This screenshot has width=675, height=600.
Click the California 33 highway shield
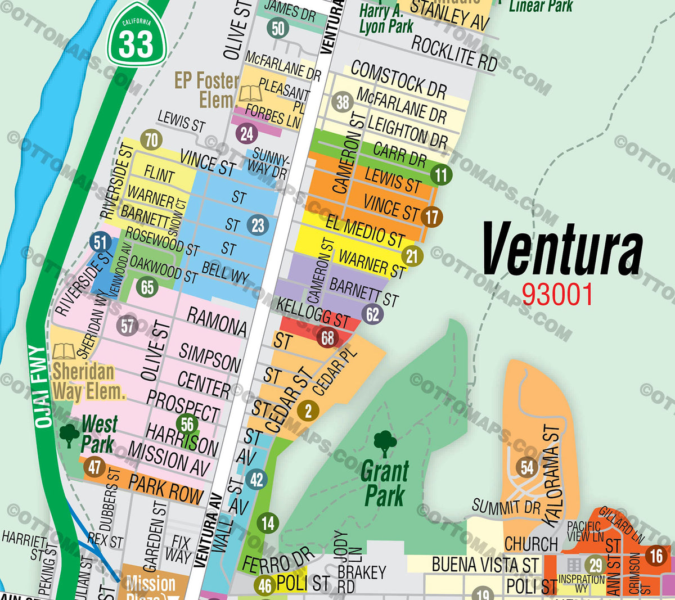tap(136, 35)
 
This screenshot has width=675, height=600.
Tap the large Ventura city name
tap(562, 249)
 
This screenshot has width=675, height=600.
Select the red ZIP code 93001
tap(557, 294)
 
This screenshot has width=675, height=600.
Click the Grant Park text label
tap(384, 484)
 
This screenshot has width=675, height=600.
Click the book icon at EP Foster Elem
tap(250, 93)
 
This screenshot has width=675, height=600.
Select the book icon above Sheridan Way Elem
tap(64, 351)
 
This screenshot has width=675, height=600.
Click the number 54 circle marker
tap(527, 467)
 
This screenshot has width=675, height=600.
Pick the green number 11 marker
tap(441, 175)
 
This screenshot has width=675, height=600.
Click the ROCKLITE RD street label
tap(454, 53)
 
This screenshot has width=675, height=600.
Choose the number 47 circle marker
tap(94, 467)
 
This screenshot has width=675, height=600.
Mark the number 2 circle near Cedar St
tap(308, 410)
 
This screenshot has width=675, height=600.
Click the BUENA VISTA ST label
tap(485, 564)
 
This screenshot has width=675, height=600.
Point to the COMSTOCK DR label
tap(398, 79)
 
